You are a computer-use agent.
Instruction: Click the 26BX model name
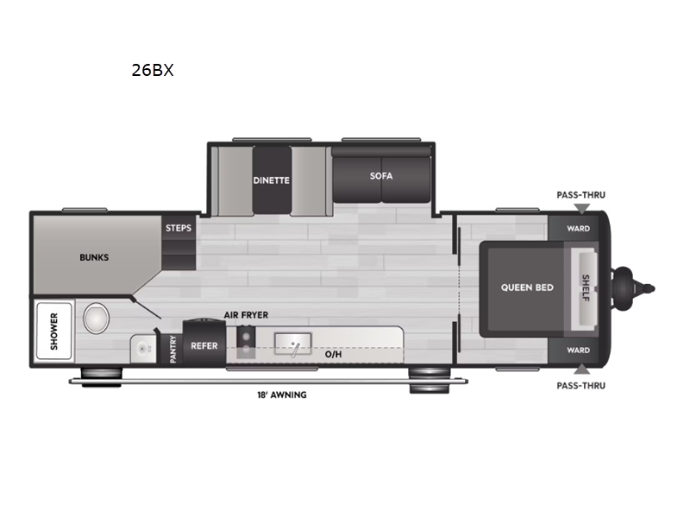[x=153, y=70]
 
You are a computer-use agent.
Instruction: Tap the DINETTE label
[x=271, y=180]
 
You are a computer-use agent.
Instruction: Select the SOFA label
[x=381, y=176]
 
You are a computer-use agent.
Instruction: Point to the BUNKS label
[x=94, y=257]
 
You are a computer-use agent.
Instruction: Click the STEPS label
[x=179, y=228]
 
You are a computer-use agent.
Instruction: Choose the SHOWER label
[x=54, y=332]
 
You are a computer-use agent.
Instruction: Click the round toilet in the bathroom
[x=97, y=319]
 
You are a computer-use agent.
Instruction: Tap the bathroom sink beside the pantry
[x=143, y=350]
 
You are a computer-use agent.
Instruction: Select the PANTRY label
[x=173, y=350]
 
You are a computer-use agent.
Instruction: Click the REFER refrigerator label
[x=204, y=346]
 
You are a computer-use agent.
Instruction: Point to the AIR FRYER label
[x=246, y=315]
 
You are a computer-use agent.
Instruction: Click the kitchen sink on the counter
[x=293, y=344]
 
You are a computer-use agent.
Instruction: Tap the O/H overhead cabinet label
[x=333, y=354]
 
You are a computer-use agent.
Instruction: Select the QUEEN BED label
[x=527, y=287]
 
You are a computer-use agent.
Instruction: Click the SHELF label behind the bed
[x=586, y=288]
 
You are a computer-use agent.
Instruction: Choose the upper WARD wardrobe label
[x=578, y=229]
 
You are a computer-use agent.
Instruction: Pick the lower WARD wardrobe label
[x=578, y=351]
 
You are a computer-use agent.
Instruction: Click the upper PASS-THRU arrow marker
[x=581, y=209]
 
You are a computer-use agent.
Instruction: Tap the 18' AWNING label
[x=282, y=395]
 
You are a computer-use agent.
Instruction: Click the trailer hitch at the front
[x=633, y=288]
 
